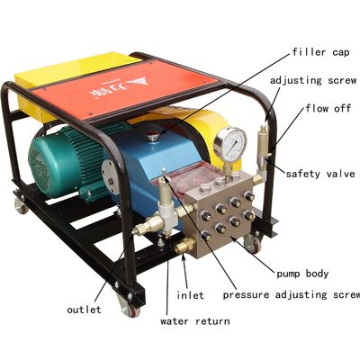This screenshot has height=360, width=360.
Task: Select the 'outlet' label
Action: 85,309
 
